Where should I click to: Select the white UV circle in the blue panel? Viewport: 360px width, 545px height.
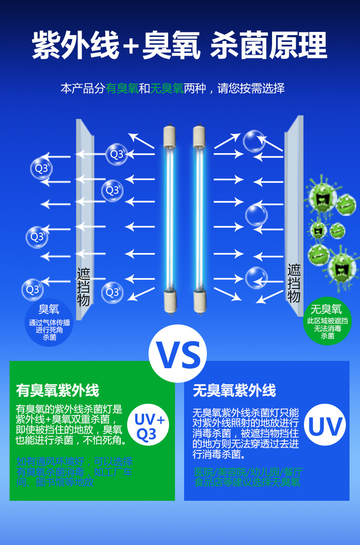[x=324, y=427]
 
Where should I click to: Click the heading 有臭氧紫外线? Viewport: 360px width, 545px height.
[x=57, y=391]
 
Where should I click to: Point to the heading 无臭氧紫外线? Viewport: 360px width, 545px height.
[x=234, y=391]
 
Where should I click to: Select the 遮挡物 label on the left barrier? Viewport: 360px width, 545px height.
[x=83, y=287]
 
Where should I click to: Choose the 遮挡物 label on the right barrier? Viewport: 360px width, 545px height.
[x=294, y=283]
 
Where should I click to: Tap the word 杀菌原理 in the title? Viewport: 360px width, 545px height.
[x=269, y=46]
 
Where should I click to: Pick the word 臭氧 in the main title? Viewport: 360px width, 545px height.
[x=171, y=46]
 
